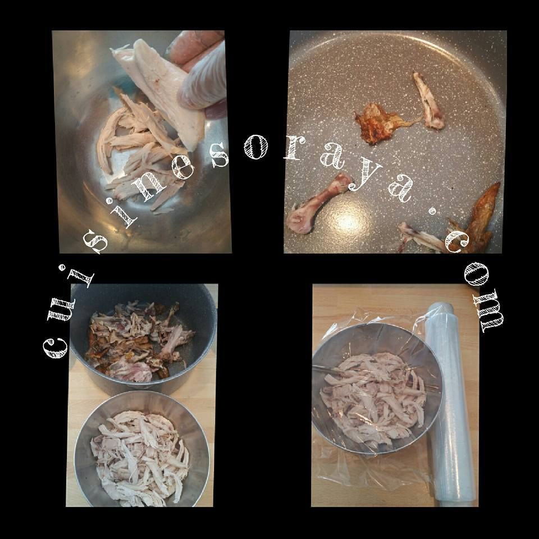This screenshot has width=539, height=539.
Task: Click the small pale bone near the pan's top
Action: pyautogui.click(x=428, y=102)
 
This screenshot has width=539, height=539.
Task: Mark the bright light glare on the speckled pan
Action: pyautogui.click(x=349, y=222)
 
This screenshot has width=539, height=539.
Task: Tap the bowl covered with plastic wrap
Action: pyautogui.click(x=376, y=389)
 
